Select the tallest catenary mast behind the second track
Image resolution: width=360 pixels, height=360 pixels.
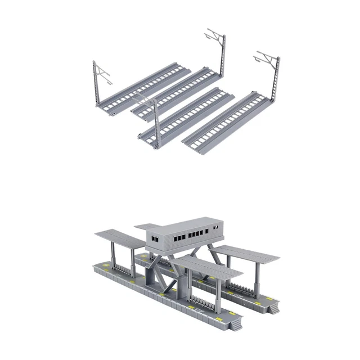(x=224, y=62)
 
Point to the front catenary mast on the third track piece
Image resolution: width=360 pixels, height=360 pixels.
(x=155, y=124)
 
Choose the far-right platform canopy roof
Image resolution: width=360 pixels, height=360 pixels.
(x=247, y=253)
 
